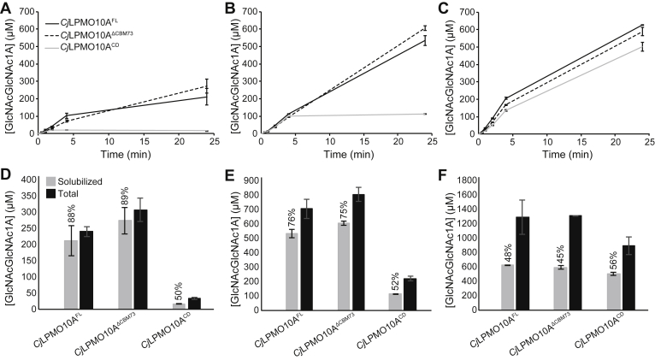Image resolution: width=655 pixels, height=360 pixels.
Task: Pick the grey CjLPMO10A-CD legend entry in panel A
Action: tap(94, 50)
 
